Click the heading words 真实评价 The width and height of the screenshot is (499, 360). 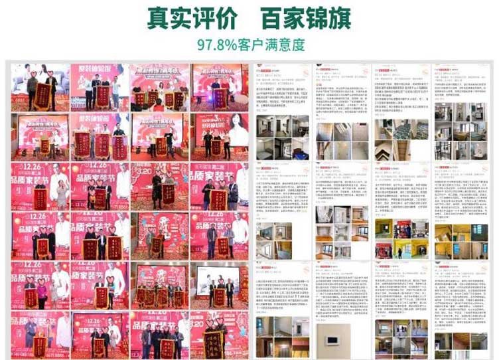(192, 18)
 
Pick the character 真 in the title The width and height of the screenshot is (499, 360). (158, 18)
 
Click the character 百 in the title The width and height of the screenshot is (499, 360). (271, 18)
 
